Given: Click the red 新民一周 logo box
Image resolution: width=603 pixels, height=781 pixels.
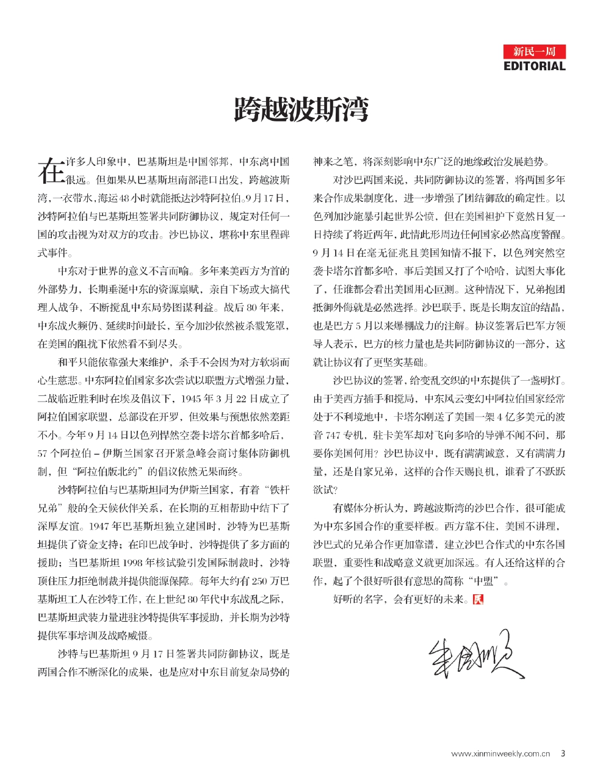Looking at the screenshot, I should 535,51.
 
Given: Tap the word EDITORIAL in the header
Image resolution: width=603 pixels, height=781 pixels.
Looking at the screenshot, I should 535,66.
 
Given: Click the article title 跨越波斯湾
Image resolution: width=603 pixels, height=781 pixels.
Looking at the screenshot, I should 301,110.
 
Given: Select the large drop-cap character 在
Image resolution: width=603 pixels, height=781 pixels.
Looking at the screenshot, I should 50,170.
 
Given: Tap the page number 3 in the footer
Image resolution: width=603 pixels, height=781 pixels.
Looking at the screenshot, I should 563,754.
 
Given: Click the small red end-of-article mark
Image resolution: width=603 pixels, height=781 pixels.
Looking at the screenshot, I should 478,599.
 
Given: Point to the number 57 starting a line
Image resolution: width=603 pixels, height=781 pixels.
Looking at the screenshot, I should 43,454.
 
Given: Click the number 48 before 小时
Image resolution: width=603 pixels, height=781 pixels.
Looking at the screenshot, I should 126,198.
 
